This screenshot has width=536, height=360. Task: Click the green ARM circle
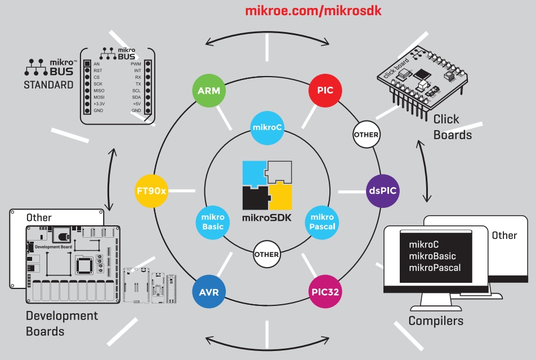click(x=209, y=90)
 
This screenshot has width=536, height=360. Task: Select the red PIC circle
click(x=325, y=90)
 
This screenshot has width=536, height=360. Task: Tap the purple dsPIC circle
click(x=382, y=190)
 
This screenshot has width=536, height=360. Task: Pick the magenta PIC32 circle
click(x=325, y=292)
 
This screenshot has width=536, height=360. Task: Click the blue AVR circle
click(x=209, y=292)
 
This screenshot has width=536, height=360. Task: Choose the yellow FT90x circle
click(x=151, y=190)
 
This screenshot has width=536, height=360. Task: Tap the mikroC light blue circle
click(x=267, y=127)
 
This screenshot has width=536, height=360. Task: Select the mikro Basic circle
click(x=212, y=222)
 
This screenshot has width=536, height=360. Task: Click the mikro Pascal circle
click(x=322, y=222)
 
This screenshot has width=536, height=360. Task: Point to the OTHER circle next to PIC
click(x=366, y=135)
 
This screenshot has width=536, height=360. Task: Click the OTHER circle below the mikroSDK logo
click(x=266, y=254)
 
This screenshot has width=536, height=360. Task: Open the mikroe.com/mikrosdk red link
click(x=309, y=11)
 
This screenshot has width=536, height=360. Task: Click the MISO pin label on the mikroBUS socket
click(x=100, y=90)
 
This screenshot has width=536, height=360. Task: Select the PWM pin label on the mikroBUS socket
click(x=136, y=64)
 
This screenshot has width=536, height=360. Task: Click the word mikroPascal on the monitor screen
click(x=435, y=268)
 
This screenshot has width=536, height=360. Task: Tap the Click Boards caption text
click(x=452, y=127)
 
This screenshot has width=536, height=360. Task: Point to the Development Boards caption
click(x=61, y=323)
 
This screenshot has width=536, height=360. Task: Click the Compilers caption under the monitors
click(x=436, y=321)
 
